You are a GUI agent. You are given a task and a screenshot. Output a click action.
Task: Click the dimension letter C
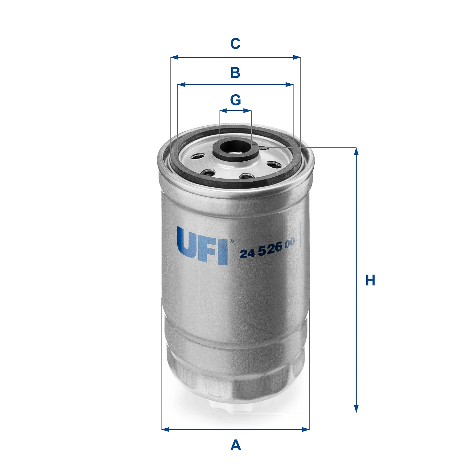[235, 44]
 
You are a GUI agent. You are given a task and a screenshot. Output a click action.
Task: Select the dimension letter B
[235, 73]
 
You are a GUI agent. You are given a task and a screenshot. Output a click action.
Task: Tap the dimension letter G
[235, 100]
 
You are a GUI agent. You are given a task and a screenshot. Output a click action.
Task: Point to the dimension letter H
[370, 280]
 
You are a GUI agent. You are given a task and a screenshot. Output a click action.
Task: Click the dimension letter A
[236, 445]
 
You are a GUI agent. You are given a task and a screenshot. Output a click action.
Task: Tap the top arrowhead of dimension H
[356, 151]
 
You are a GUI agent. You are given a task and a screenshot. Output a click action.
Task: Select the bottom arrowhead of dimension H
[356, 409]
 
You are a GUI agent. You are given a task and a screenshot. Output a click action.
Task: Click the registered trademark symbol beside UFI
[231, 241]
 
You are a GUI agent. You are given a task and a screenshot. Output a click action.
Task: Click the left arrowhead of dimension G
[223, 111]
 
